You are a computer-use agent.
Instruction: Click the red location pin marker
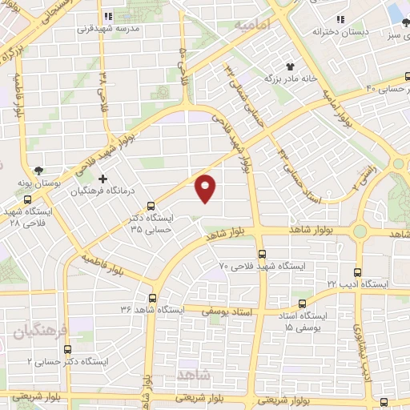[207, 187]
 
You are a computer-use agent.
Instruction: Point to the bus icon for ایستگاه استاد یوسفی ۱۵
[302, 303]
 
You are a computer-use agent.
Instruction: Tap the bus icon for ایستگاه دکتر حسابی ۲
[67, 349]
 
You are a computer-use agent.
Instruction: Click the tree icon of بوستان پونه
[39, 169]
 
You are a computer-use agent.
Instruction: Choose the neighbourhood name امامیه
[254, 26]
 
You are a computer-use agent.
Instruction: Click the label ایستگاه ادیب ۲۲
[357, 284]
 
